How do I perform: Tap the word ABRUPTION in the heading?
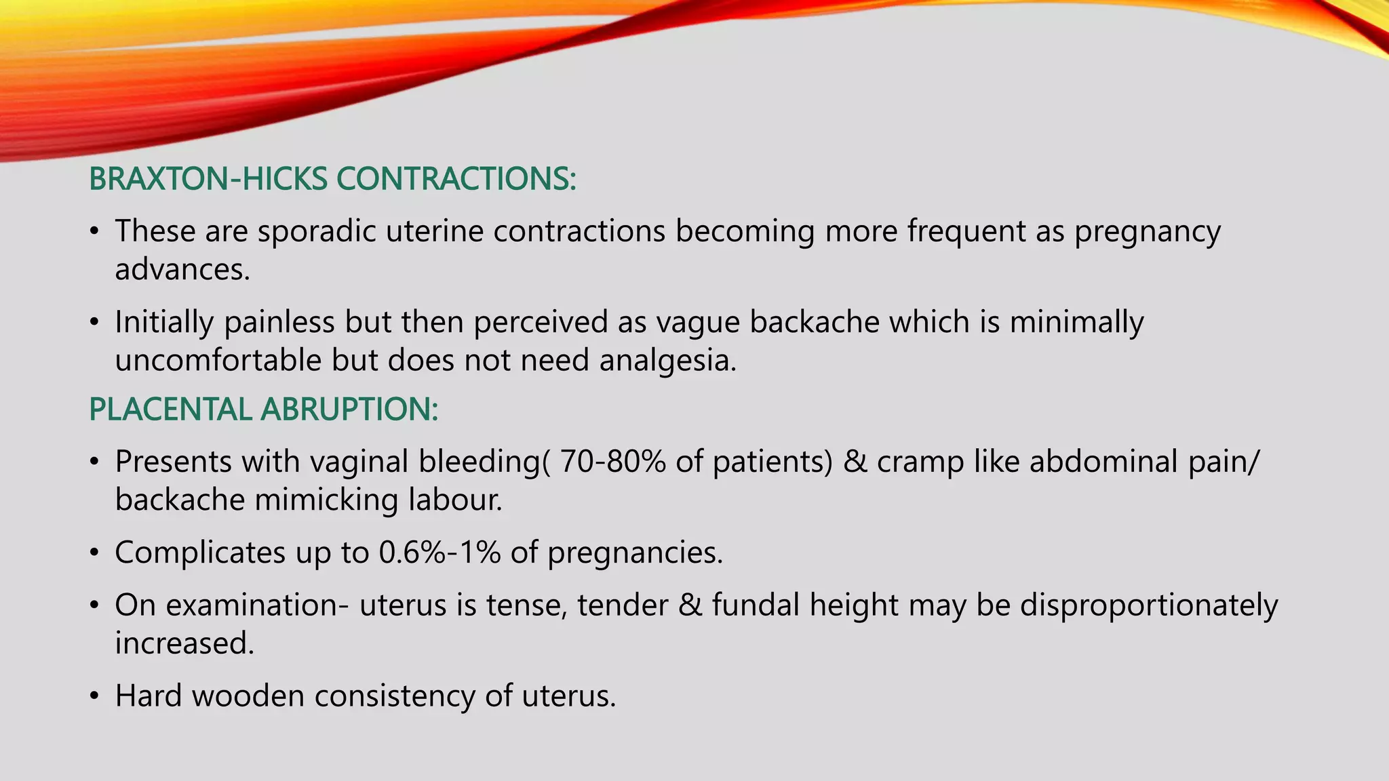click(x=349, y=409)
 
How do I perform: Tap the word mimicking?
click(x=326, y=500)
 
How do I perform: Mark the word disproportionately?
click(x=1149, y=605)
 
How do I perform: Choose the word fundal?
click(x=756, y=605)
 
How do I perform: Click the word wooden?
click(x=248, y=696)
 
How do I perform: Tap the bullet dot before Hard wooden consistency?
click(x=95, y=696)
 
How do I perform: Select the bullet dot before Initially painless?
click(x=95, y=322)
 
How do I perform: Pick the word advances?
click(x=182, y=270)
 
